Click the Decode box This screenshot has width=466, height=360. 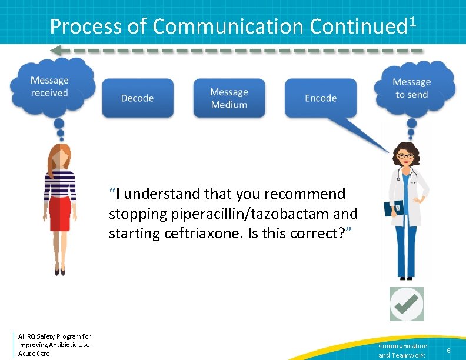[x=138, y=98]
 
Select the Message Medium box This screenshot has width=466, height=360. [x=229, y=98]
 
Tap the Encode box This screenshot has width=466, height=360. [x=321, y=98]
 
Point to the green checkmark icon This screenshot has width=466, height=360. [x=407, y=304]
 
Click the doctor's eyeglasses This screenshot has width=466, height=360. [x=405, y=155]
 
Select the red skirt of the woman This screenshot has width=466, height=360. [x=59, y=214]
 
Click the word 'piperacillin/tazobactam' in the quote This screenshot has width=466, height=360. [x=224, y=214]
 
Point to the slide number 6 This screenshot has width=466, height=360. [x=448, y=351]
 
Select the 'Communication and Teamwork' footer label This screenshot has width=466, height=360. [x=402, y=351]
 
